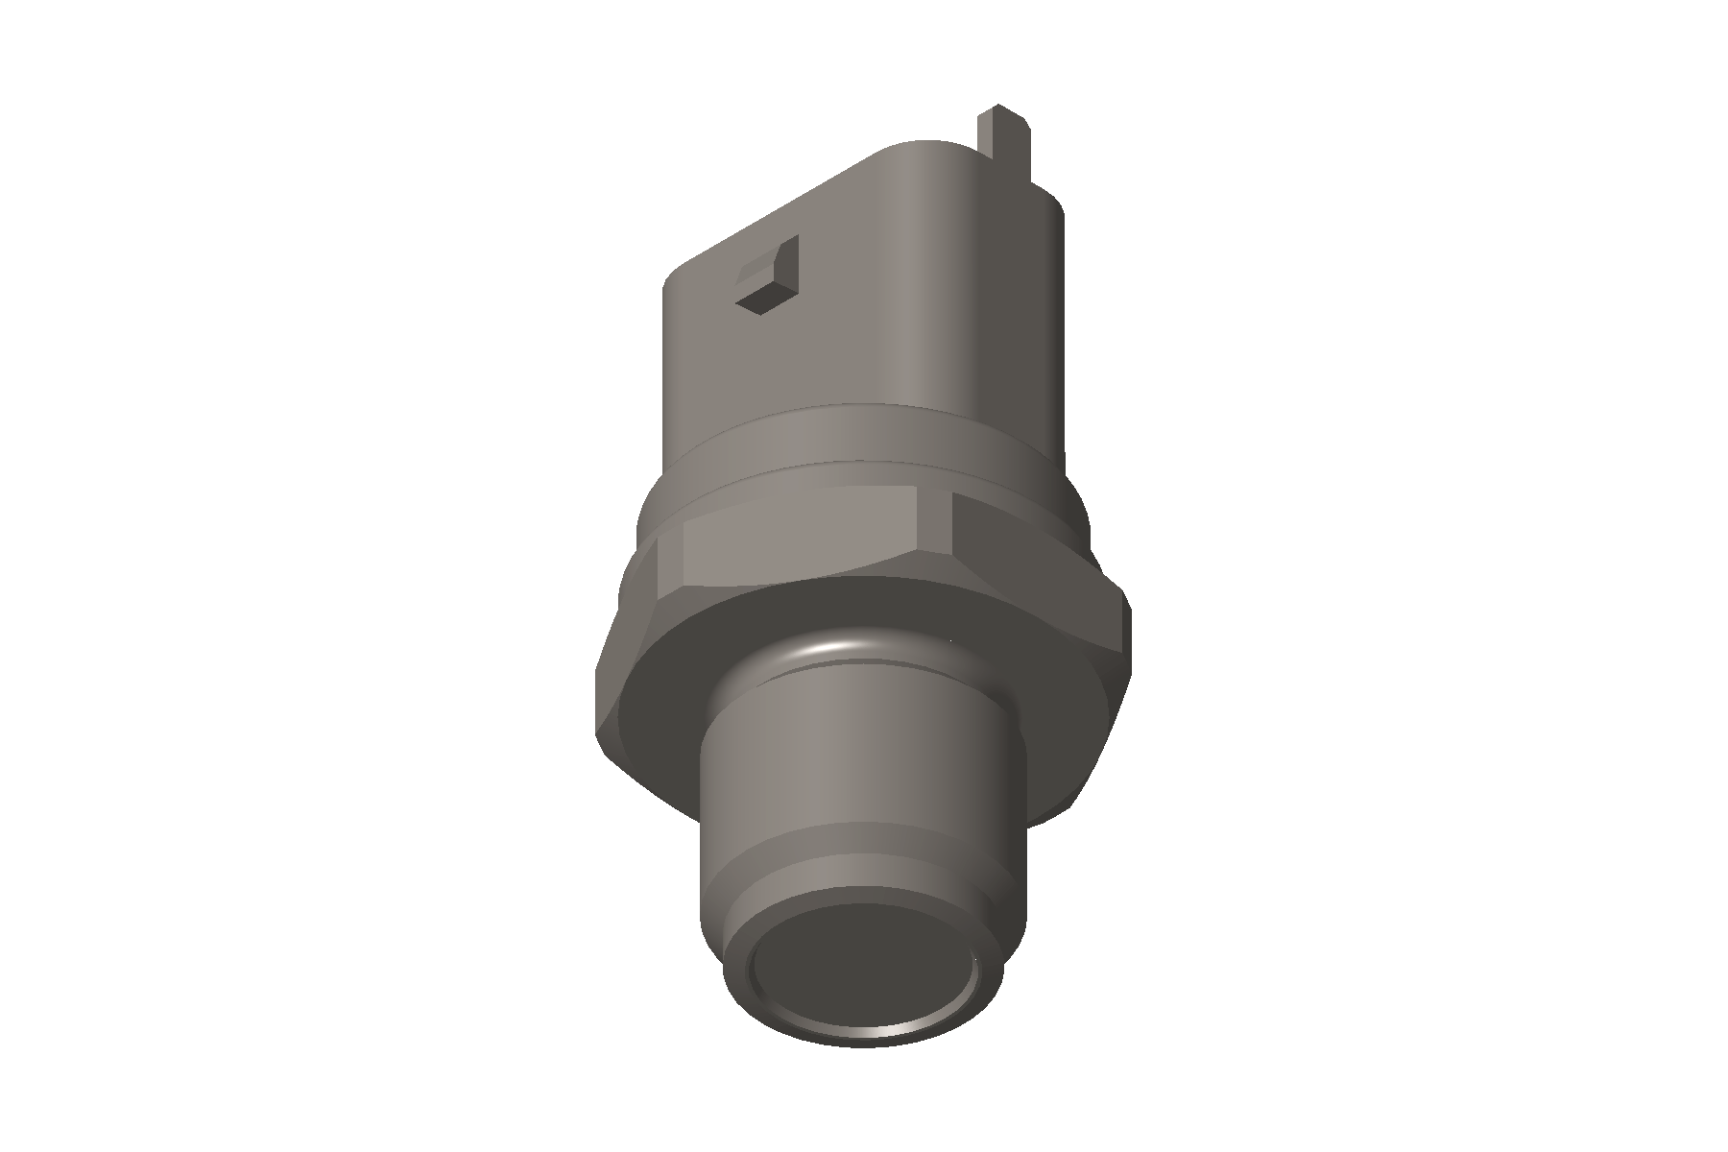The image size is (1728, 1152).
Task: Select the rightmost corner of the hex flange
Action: [1129, 614]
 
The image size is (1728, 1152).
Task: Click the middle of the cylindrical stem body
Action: [854, 768]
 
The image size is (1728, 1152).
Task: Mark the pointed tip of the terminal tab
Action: [998, 107]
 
